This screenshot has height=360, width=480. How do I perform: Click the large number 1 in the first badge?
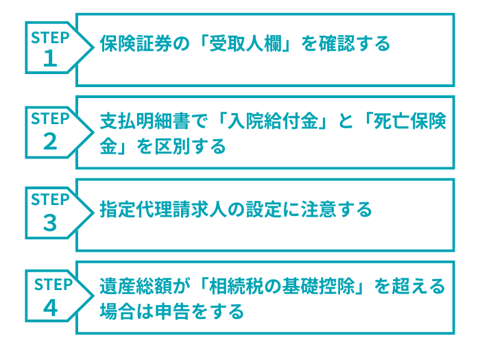tap(50, 60)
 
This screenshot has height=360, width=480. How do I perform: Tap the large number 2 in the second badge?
tap(50, 141)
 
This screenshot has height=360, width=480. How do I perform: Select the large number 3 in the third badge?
tap(50, 224)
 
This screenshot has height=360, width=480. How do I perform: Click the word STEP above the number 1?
tap(50, 38)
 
